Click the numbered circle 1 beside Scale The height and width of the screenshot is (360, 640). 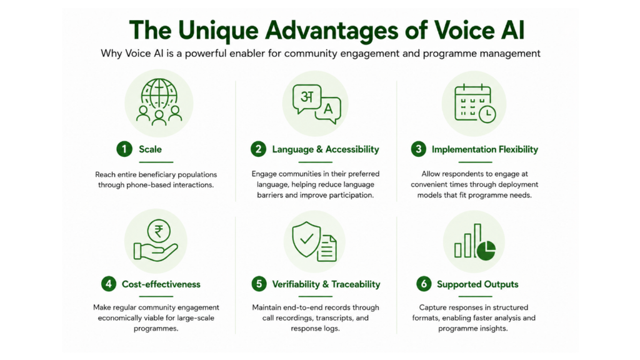124,149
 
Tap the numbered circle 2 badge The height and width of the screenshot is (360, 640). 258,149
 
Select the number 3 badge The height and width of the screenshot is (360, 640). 418,149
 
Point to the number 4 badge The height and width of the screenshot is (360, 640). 109,284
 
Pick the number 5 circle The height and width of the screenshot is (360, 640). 259,284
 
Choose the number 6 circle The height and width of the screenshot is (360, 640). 424,284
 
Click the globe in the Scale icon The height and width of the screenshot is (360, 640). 159,94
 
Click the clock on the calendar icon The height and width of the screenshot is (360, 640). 487,114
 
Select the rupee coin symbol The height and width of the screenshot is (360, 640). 159,231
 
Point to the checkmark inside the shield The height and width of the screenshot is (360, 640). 306,238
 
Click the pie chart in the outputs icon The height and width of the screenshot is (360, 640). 486,250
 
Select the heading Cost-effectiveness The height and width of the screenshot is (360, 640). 161,284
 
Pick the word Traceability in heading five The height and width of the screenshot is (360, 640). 356,284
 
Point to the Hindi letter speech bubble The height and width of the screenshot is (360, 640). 307,98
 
